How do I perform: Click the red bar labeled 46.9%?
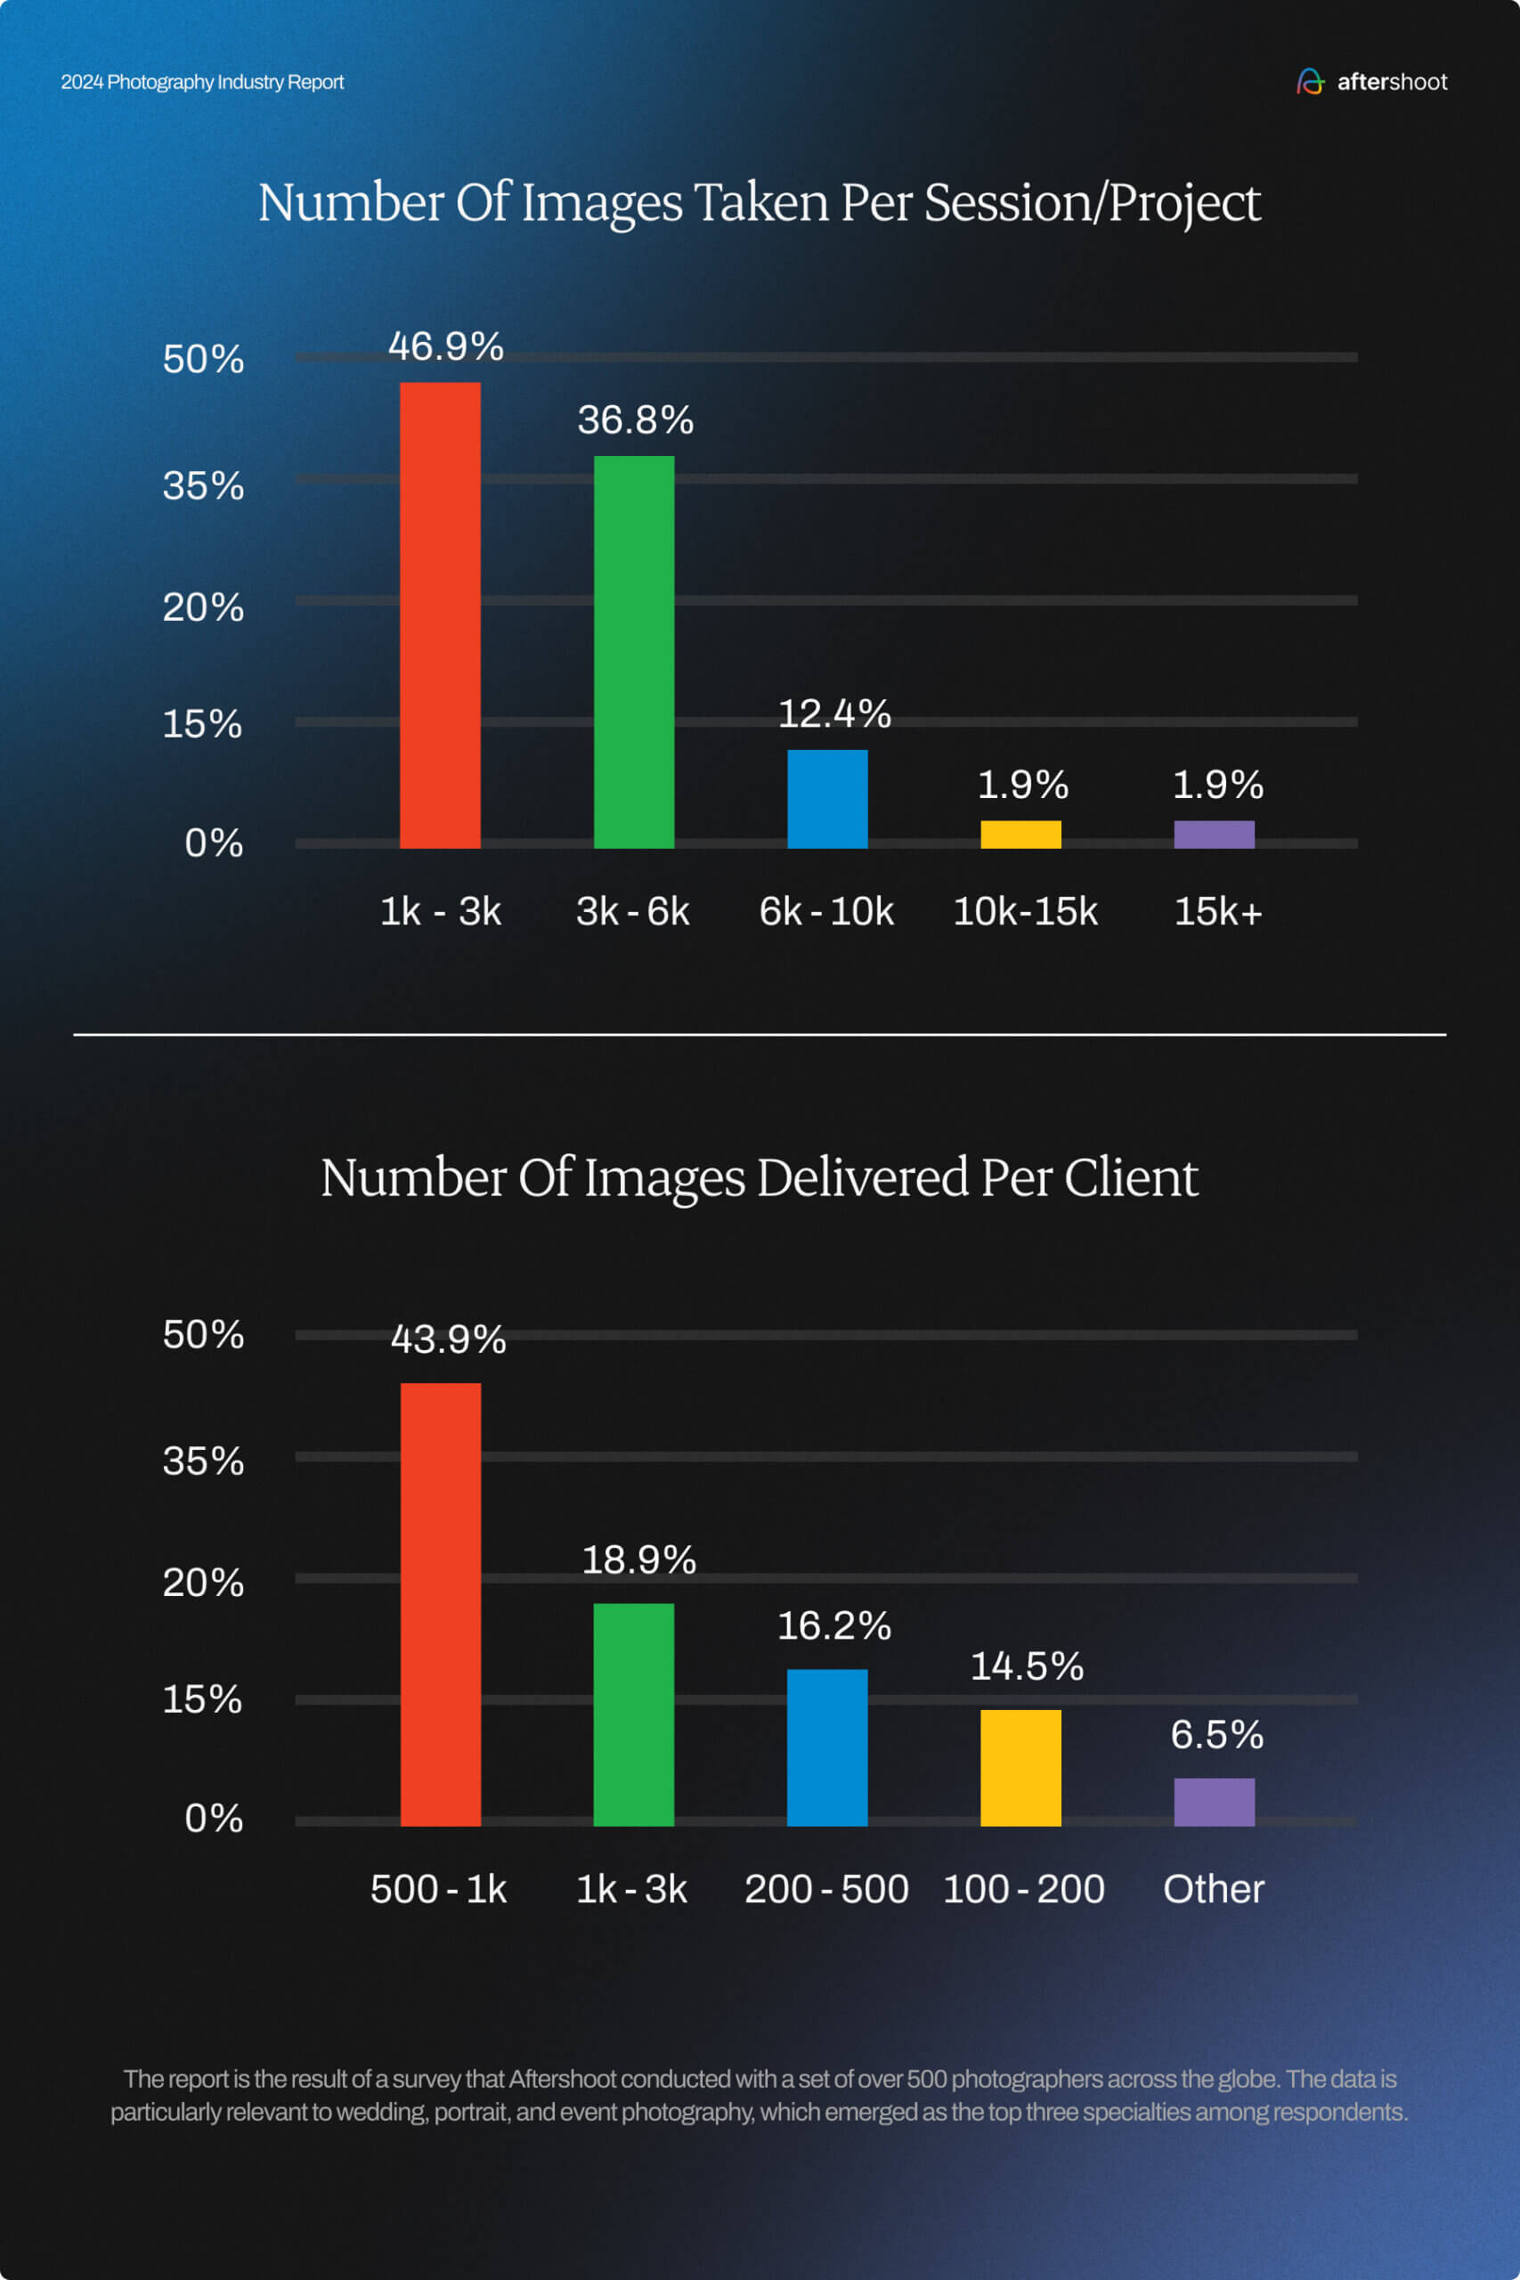(x=440, y=615)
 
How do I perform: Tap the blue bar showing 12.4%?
(x=827, y=799)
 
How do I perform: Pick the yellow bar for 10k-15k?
(x=1020, y=834)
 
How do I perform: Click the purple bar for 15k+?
(x=1214, y=834)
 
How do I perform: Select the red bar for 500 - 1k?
(x=440, y=1604)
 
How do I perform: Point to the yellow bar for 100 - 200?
(x=1020, y=1767)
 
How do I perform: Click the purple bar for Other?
(x=1214, y=1801)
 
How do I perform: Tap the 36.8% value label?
(x=635, y=419)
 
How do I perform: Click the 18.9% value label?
(x=638, y=1559)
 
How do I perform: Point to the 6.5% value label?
(x=1216, y=1734)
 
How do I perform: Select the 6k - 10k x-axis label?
(x=826, y=911)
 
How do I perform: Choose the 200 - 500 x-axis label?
(x=826, y=1888)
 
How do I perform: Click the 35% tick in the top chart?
(x=203, y=485)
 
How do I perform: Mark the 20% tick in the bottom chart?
(x=203, y=1582)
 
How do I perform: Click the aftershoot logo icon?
(x=1310, y=81)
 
